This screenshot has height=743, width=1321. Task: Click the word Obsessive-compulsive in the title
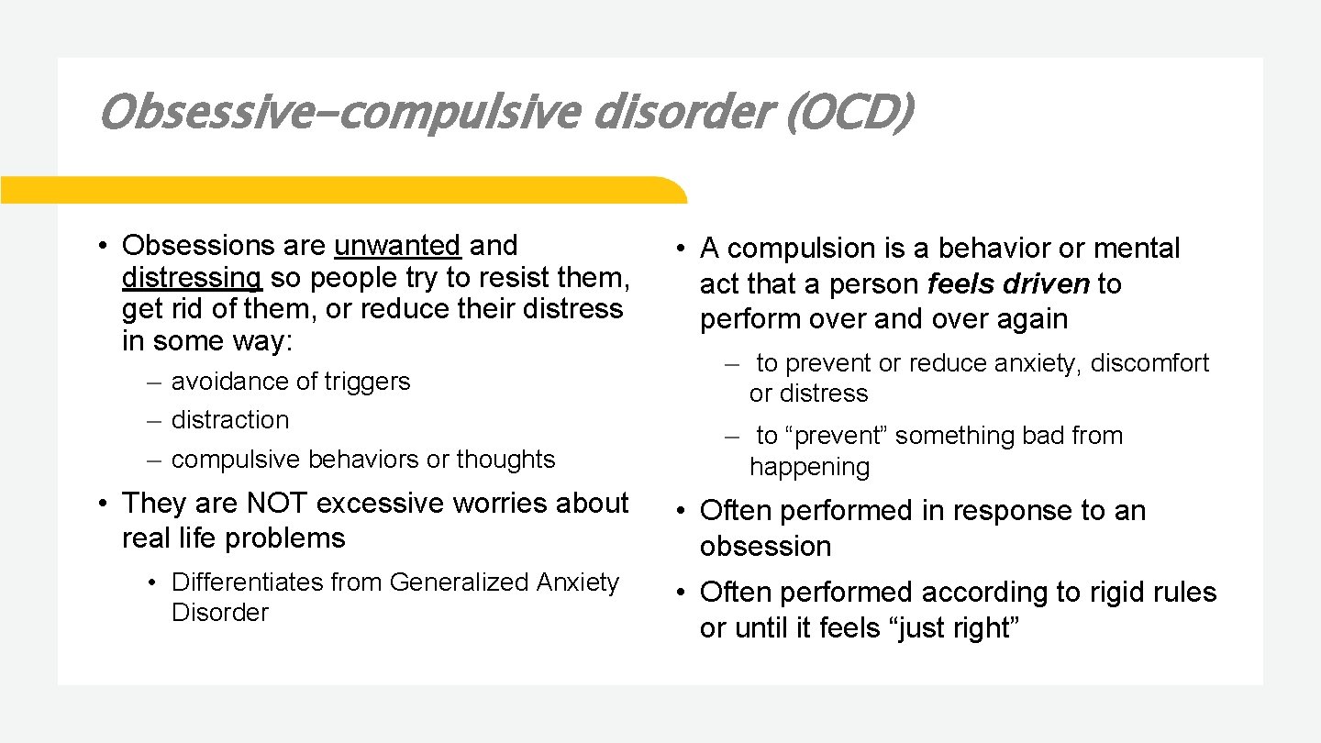[339, 113]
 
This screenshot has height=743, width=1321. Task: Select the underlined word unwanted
[397, 246]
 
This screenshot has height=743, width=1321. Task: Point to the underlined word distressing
[192, 277]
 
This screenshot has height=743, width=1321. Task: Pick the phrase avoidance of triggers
[291, 381]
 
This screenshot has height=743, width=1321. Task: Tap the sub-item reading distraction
[229, 420]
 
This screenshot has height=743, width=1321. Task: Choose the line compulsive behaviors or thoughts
[363, 460]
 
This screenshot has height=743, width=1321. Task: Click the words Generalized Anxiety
[505, 582]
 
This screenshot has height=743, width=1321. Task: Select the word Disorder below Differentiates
[219, 613]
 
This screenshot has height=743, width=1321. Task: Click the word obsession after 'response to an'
[765, 547]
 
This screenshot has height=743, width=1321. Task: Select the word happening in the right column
[809, 467]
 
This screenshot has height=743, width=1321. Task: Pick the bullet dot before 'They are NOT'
[106, 505]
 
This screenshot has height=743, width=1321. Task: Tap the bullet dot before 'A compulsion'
[683, 250]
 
